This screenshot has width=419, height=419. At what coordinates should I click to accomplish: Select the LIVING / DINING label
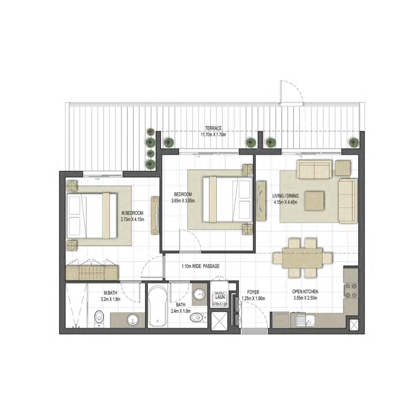coord(285,197)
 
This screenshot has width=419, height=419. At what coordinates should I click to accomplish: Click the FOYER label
coord(253,292)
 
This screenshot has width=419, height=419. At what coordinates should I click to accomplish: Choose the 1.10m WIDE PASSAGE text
coord(200,266)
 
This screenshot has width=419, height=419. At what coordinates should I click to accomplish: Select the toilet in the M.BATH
coord(98,317)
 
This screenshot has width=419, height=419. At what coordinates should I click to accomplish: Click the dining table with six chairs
coord(302,258)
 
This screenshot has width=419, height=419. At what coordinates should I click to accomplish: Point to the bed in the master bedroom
coord(92,212)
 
